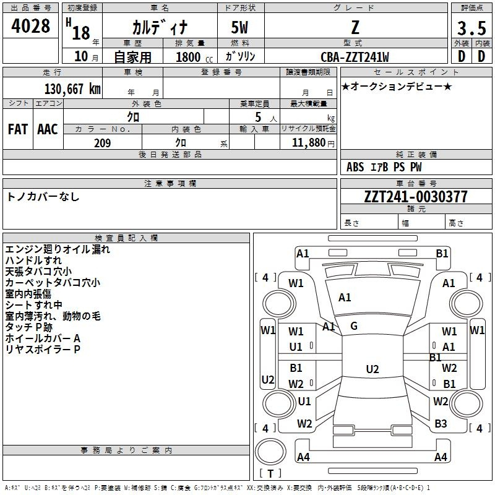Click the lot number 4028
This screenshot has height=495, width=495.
click(x=30, y=25)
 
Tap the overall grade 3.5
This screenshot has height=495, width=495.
click(x=471, y=28)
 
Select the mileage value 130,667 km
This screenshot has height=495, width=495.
click(x=72, y=88)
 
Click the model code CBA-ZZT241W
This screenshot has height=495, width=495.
click(x=355, y=57)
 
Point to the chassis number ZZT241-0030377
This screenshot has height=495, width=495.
click(x=415, y=197)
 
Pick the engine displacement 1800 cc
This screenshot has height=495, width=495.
click(x=194, y=57)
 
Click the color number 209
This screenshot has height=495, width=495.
click(x=103, y=143)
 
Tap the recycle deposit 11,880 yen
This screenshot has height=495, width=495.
click(x=313, y=143)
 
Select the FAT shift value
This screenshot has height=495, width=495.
click(x=18, y=129)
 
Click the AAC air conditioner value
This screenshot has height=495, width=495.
click(x=48, y=129)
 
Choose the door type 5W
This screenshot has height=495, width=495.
click(x=239, y=27)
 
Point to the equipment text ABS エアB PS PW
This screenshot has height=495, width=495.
click(x=384, y=167)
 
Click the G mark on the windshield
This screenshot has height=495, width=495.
click(x=354, y=326)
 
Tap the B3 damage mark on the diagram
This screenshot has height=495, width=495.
click(x=441, y=424)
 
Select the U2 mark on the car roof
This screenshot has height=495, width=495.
click(x=372, y=369)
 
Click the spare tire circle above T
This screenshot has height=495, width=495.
click(x=270, y=451)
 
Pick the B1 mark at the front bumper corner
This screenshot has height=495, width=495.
click(x=442, y=254)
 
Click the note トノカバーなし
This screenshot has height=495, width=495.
click(x=43, y=197)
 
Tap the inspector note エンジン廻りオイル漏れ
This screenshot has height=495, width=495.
click(x=58, y=249)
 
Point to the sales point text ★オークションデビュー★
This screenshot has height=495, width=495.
click(x=397, y=86)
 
